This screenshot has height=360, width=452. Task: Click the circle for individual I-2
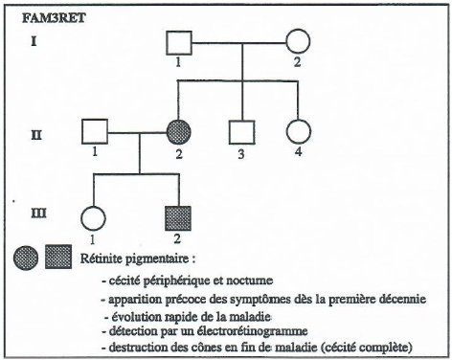pyautogui.click(x=297, y=43)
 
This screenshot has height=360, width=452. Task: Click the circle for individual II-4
pyautogui.click(x=297, y=132)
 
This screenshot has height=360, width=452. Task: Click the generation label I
pyautogui.click(x=34, y=43)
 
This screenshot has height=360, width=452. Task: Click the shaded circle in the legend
pyautogui.click(x=28, y=256)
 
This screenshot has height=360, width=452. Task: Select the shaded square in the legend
pyautogui.click(x=58, y=256)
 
